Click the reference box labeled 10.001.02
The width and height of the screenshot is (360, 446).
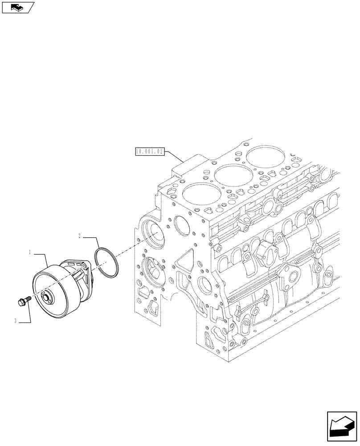point(150,152)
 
